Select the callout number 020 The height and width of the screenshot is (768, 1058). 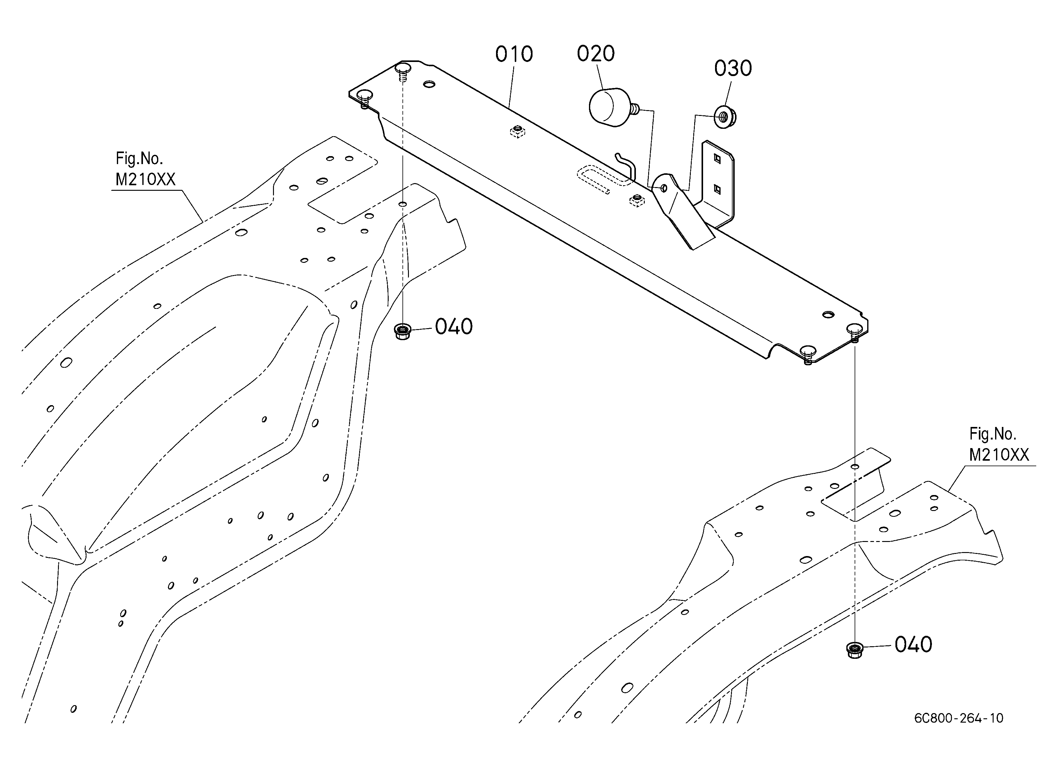coord(596,54)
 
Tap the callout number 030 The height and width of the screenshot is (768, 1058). coord(733,68)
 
